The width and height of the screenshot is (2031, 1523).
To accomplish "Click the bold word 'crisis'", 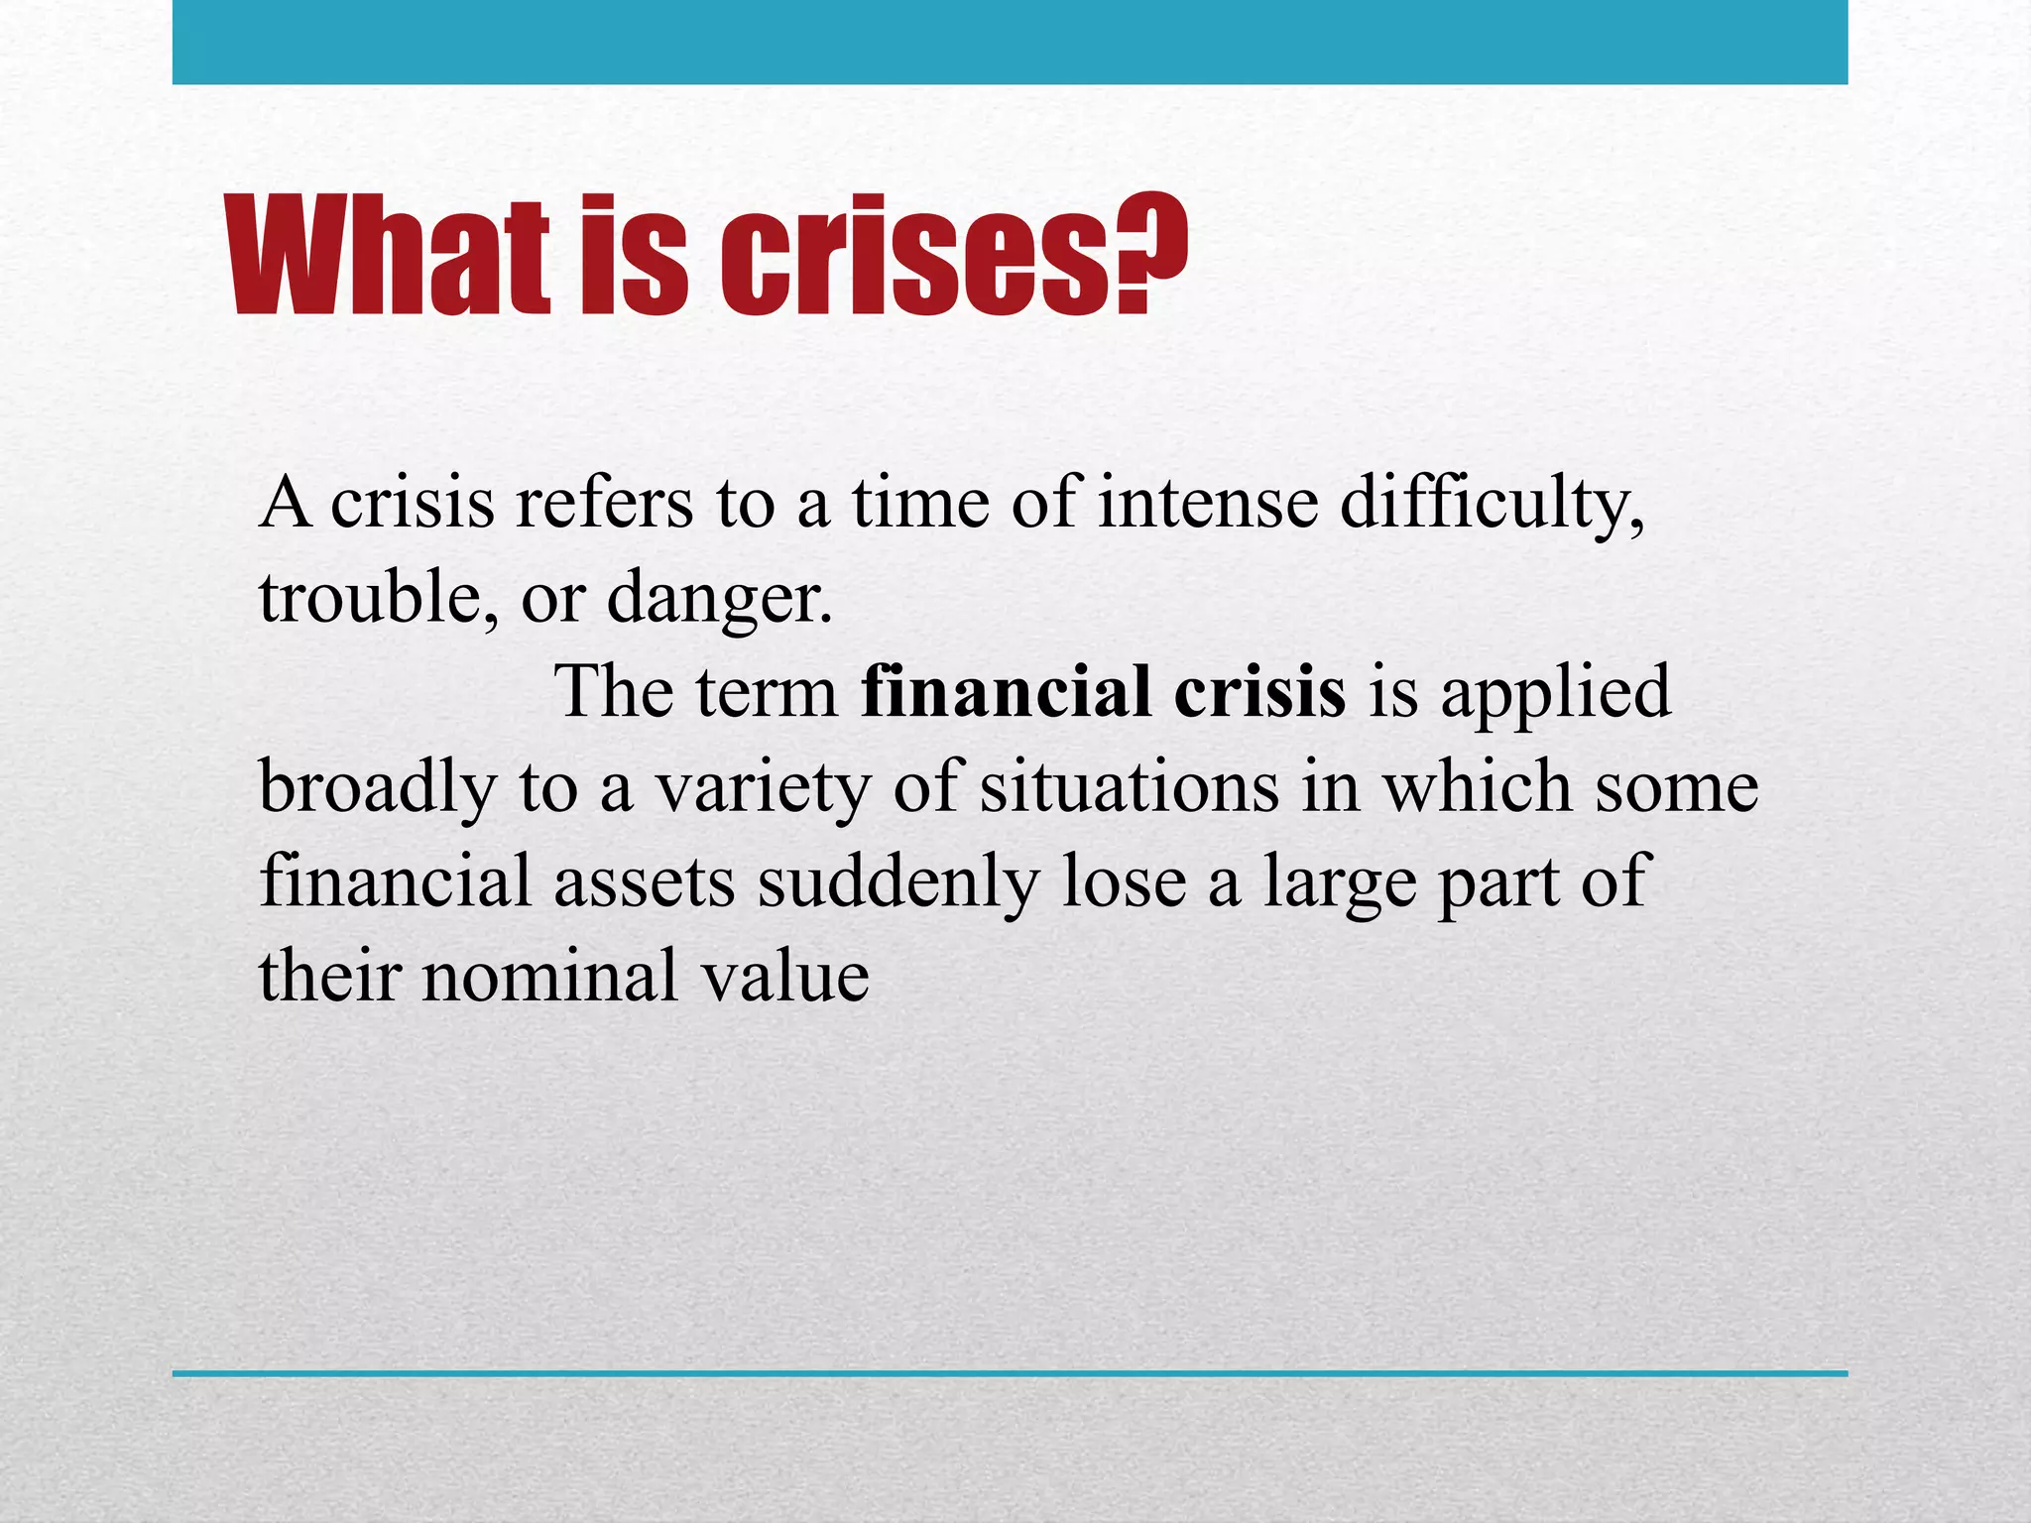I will tap(1259, 692).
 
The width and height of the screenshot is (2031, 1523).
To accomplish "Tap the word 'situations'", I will tap(1129, 787).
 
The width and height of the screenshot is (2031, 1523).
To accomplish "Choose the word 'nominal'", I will tap(550, 976).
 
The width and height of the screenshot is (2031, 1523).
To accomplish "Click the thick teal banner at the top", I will tap(1010, 43).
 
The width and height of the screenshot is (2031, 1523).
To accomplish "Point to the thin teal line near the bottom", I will tap(1010, 1373).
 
